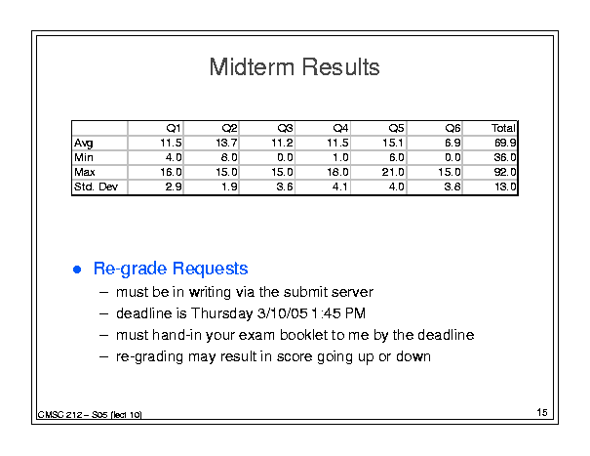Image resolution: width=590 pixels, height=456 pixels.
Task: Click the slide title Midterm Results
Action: [295, 67]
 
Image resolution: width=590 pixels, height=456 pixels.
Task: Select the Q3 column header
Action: [285, 129]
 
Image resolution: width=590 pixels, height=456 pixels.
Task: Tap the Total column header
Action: [503, 128]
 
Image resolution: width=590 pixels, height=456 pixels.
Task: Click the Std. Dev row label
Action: [96, 187]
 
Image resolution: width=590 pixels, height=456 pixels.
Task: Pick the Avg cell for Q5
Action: [392, 143]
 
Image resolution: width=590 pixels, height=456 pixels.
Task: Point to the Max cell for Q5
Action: [393, 172]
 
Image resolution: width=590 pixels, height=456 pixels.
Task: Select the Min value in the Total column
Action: [505, 157]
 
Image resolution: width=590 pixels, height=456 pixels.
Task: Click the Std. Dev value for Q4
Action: [339, 187]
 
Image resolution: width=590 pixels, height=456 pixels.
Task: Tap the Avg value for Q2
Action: [226, 143]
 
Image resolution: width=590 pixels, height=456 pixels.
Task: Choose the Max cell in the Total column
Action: [505, 172]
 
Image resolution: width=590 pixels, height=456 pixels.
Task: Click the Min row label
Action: [84, 157]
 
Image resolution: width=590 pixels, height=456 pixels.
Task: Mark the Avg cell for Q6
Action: [452, 143]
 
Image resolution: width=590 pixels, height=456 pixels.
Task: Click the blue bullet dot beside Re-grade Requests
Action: [77, 269]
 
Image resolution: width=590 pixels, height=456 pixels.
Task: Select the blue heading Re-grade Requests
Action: [171, 269]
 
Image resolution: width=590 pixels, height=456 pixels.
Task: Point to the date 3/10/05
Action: [282, 313]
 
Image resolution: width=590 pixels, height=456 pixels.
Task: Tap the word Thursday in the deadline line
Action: [221, 313]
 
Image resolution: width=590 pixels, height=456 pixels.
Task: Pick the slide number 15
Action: [542, 412]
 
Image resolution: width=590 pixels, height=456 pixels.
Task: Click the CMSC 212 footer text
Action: [90, 415]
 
